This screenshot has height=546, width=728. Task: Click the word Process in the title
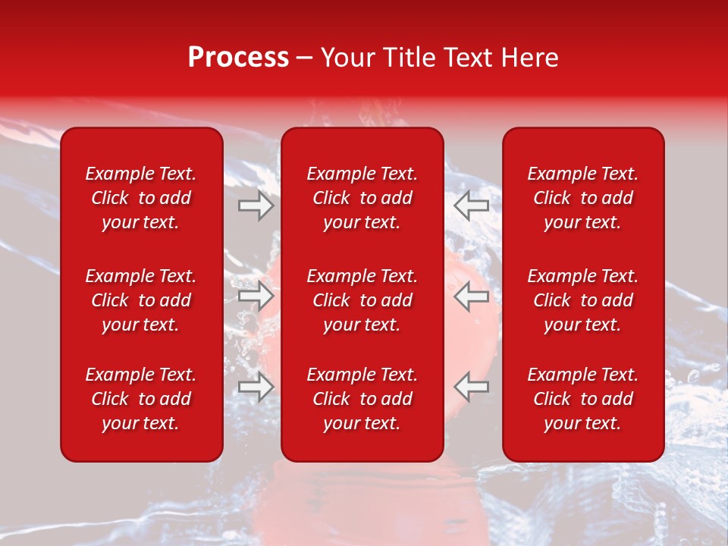pyautogui.click(x=238, y=58)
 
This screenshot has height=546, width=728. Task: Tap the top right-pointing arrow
pyautogui.click(x=256, y=206)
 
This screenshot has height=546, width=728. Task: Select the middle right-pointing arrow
pyautogui.click(x=256, y=296)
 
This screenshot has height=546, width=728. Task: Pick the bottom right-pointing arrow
pyautogui.click(x=256, y=388)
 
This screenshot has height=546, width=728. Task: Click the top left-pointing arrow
pyautogui.click(x=472, y=206)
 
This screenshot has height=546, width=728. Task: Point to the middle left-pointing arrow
pyautogui.click(x=472, y=296)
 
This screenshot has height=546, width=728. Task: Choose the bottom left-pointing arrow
pyautogui.click(x=472, y=388)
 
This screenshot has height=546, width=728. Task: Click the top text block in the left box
pyautogui.click(x=141, y=198)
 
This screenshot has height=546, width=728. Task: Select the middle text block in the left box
pyautogui.click(x=141, y=300)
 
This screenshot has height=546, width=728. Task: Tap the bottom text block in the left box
pyautogui.click(x=141, y=399)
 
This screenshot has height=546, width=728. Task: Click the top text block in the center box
pyautogui.click(x=362, y=198)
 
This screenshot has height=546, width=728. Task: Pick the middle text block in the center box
pyautogui.click(x=362, y=300)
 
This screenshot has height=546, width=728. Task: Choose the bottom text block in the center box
pyautogui.click(x=362, y=399)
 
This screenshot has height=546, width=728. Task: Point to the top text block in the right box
pyautogui.click(x=583, y=198)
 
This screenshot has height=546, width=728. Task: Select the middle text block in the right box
pyautogui.click(x=583, y=300)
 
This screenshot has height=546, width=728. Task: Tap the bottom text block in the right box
pyautogui.click(x=583, y=399)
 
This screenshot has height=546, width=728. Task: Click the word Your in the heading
pyautogui.click(x=345, y=58)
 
